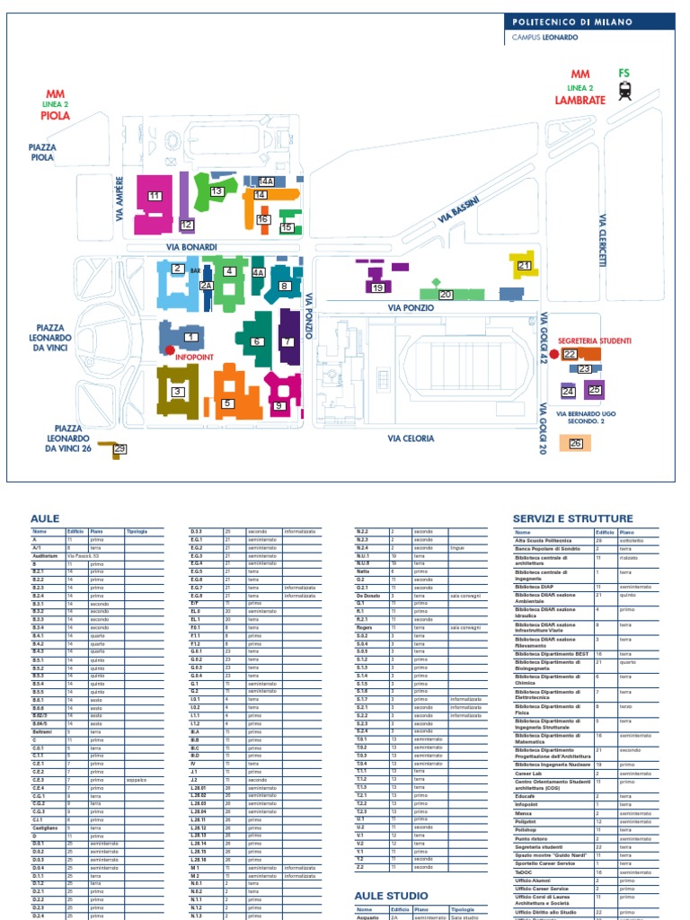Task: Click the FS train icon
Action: click(x=624, y=89)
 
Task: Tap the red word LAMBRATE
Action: click(x=579, y=100)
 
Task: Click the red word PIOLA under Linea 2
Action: click(x=56, y=116)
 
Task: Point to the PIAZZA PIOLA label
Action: click(x=42, y=152)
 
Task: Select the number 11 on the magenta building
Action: click(x=155, y=196)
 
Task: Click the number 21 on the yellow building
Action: click(x=524, y=266)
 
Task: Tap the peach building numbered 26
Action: click(x=576, y=443)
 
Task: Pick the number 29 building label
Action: click(x=119, y=448)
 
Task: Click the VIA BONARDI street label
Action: click(x=191, y=247)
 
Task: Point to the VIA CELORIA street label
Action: click(x=411, y=438)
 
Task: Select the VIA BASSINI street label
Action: click(x=458, y=211)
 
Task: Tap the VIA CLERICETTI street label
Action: click(x=604, y=240)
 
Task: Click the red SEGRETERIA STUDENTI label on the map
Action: click(x=594, y=341)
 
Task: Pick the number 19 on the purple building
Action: click(x=377, y=287)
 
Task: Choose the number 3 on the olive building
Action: click(x=178, y=392)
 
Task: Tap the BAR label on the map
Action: click(x=194, y=270)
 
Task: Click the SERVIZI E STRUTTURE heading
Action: click(x=572, y=518)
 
